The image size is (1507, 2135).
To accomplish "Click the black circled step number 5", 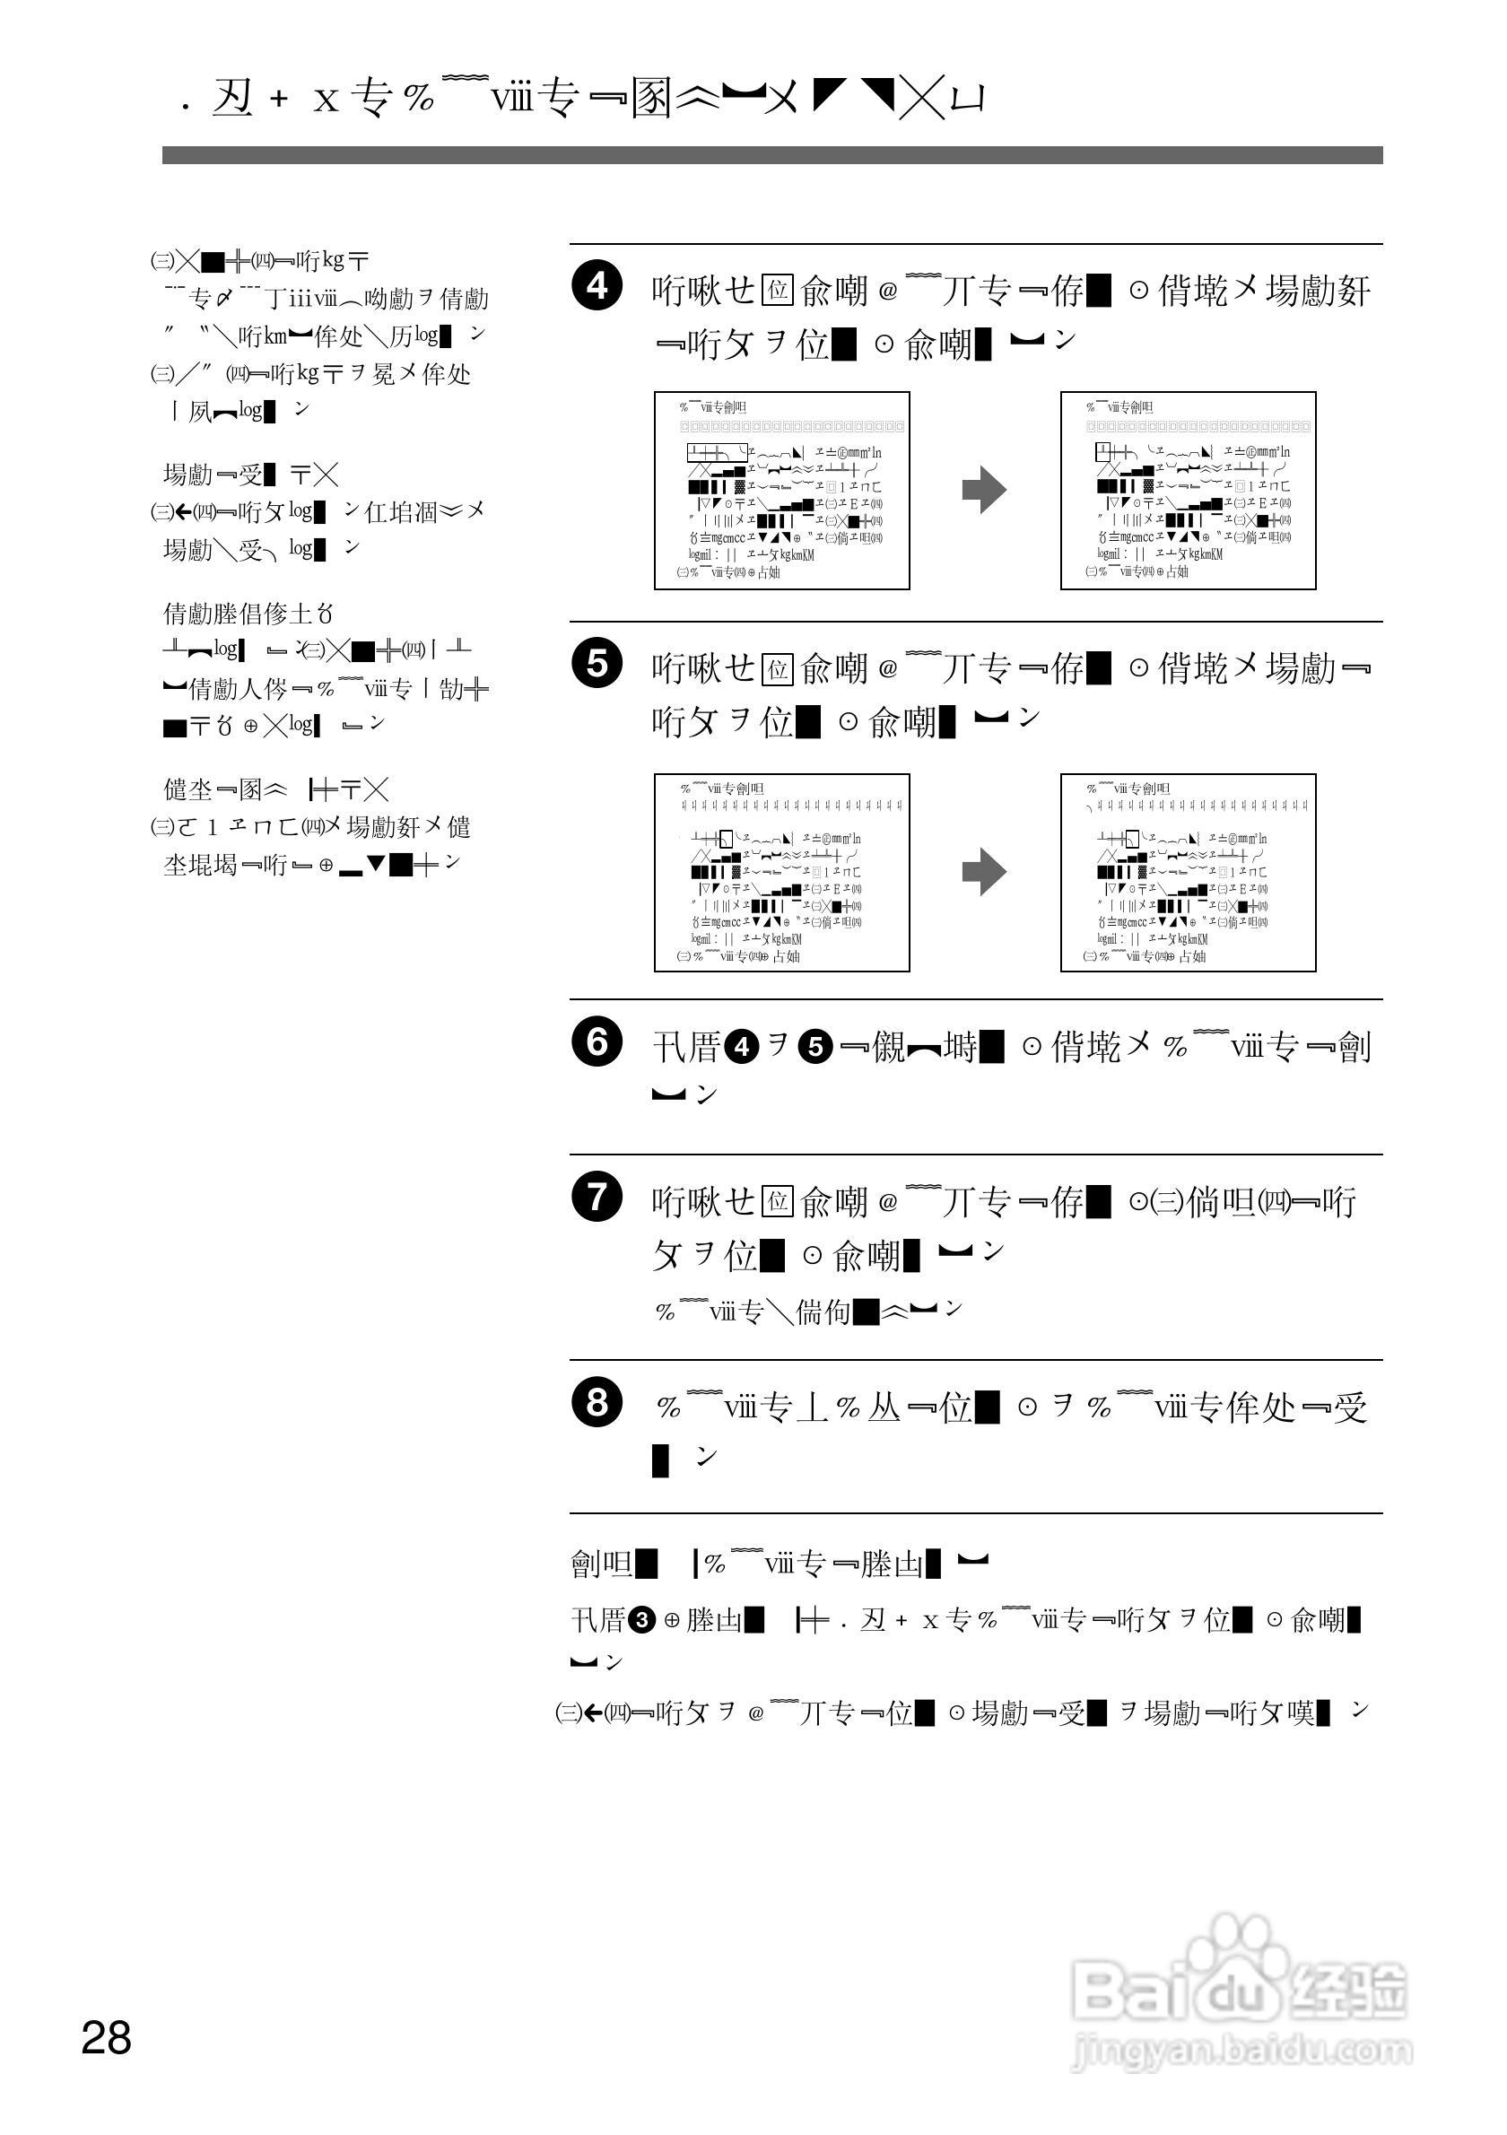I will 597,664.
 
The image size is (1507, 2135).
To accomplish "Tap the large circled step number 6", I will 597,1042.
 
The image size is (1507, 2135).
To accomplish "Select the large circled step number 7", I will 597,1197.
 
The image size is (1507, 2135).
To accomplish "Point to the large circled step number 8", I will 597,1402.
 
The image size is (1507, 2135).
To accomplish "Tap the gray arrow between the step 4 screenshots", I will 984,490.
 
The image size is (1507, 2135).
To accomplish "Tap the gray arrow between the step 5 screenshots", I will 984,872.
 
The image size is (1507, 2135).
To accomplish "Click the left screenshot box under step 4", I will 781,490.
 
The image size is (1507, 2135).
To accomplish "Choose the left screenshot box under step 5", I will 781,872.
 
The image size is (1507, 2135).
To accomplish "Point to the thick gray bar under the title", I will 771,155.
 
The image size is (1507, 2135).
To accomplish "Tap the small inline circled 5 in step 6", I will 815,1048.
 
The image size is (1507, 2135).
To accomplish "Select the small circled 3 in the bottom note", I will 640,1619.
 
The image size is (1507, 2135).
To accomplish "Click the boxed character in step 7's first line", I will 776,1201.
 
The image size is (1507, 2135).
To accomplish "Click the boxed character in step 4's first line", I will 776,291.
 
